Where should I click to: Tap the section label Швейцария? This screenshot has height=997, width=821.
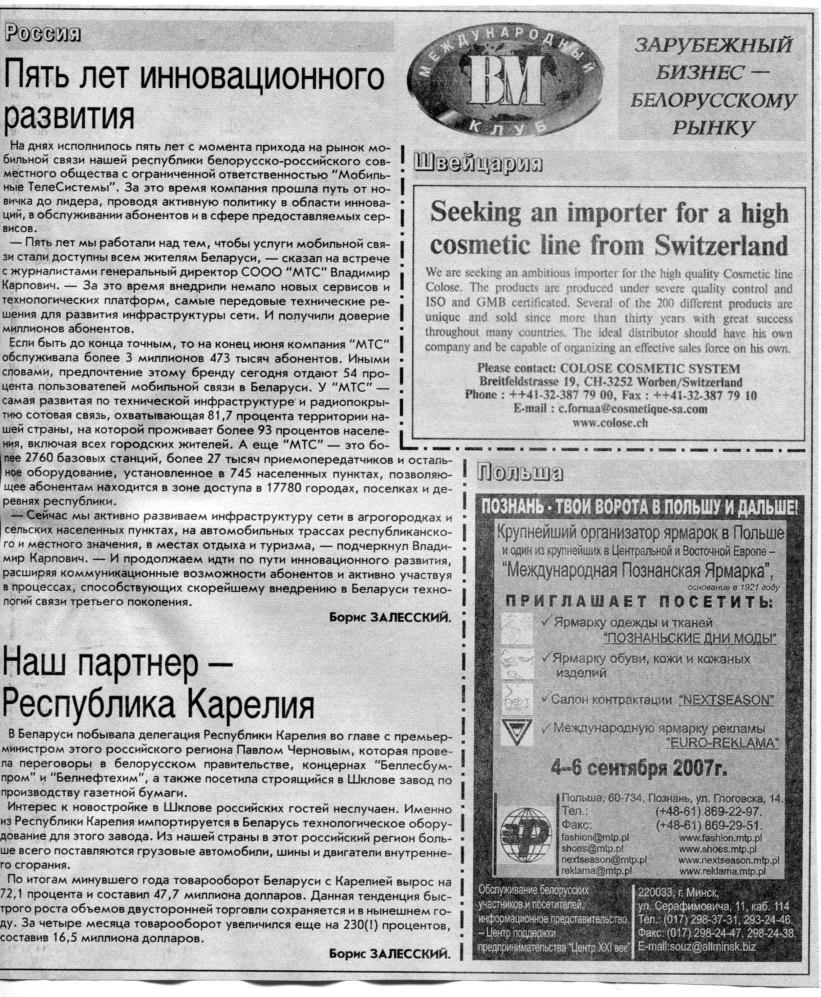click(x=478, y=163)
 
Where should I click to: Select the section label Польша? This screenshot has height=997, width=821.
click(x=520, y=472)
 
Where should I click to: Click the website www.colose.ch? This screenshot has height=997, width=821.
click(x=610, y=423)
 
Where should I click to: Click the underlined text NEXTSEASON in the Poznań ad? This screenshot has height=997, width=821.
click(x=726, y=700)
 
